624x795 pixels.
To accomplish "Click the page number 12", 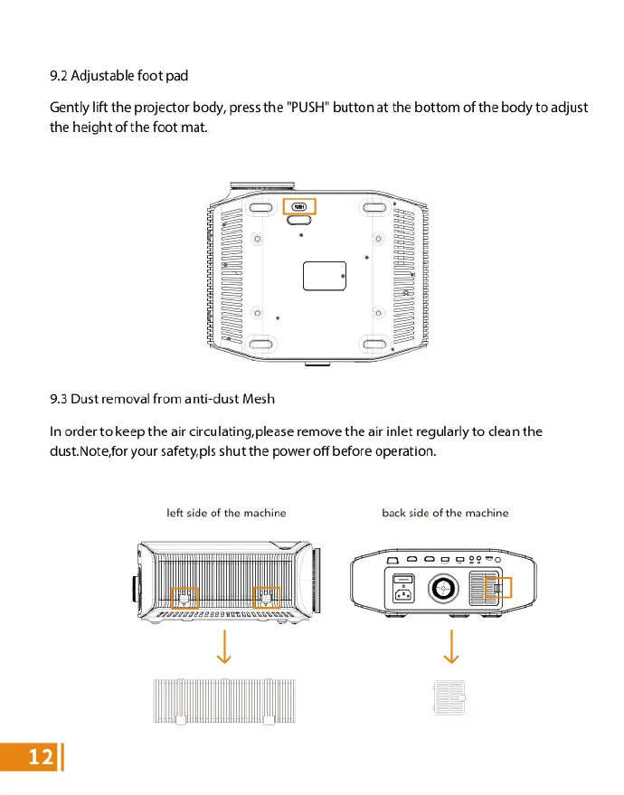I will [40, 758].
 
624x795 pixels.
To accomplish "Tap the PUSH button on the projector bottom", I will [299, 207].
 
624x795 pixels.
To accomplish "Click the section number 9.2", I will [60, 75].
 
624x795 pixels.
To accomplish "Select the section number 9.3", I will [60, 398].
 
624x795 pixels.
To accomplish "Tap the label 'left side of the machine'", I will [226, 513].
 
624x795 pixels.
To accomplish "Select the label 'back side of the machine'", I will [445, 513].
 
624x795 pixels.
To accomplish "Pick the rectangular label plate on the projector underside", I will [325, 276].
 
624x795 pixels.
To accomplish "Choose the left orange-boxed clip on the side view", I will [186, 598].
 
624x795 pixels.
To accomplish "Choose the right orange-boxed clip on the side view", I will [266, 598].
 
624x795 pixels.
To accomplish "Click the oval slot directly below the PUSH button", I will [299, 219].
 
